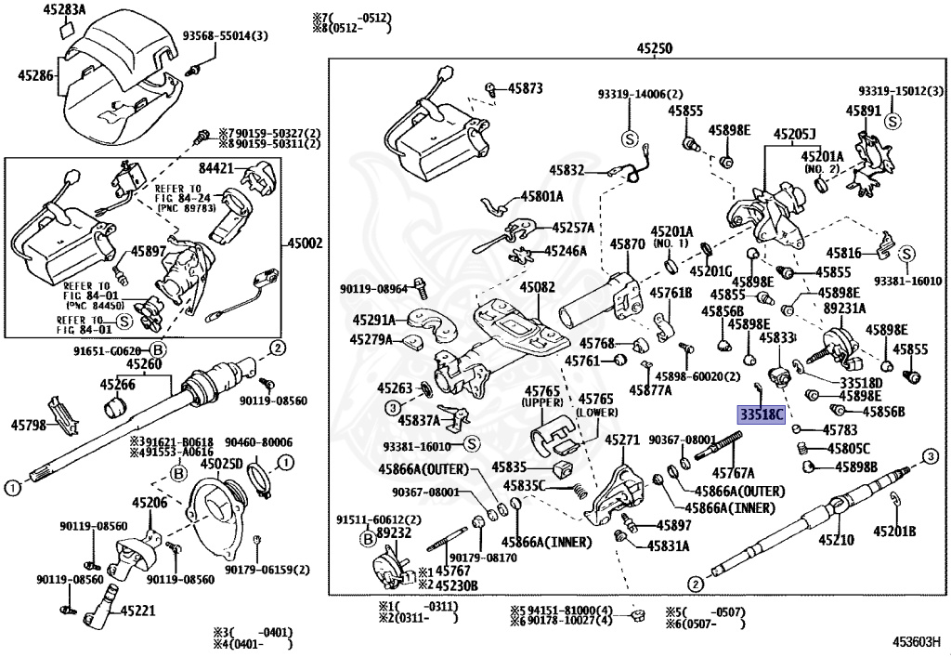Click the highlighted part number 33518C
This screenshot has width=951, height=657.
pos(761,414)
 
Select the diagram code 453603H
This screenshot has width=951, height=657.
pos(917,642)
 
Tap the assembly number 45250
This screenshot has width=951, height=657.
pos(655,48)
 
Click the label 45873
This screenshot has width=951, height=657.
pos(525,88)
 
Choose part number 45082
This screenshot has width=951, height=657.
pos(537,288)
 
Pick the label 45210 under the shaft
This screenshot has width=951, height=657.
pos(835,540)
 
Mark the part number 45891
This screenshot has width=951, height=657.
pos(863,110)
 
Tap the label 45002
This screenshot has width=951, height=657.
pos(306,243)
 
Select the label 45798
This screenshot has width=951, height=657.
pos(30,424)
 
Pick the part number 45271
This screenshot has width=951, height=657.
pos(622,440)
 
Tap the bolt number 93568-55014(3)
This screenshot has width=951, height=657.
pos(224,36)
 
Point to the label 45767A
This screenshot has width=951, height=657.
pos(733,473)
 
